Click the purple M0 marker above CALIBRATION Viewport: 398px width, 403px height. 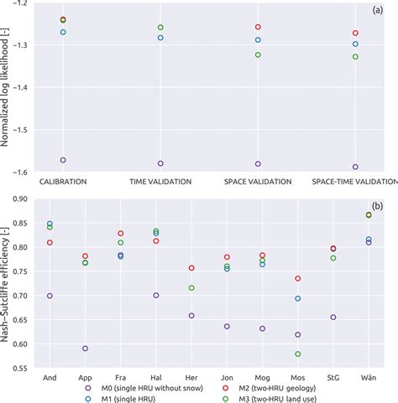coord(63,159)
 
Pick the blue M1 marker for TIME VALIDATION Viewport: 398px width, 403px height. coord(160,38)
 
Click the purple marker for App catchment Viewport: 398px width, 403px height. coord(85,349)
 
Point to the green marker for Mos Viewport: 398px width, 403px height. coord(298,354)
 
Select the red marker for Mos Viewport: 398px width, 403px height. coord(298,278)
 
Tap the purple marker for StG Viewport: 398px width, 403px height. coord(333,318)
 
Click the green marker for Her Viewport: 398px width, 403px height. coord(191,288)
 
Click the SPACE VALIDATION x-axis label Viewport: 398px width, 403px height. coord(258,181)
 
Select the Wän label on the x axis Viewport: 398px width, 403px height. coord(369,377)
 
